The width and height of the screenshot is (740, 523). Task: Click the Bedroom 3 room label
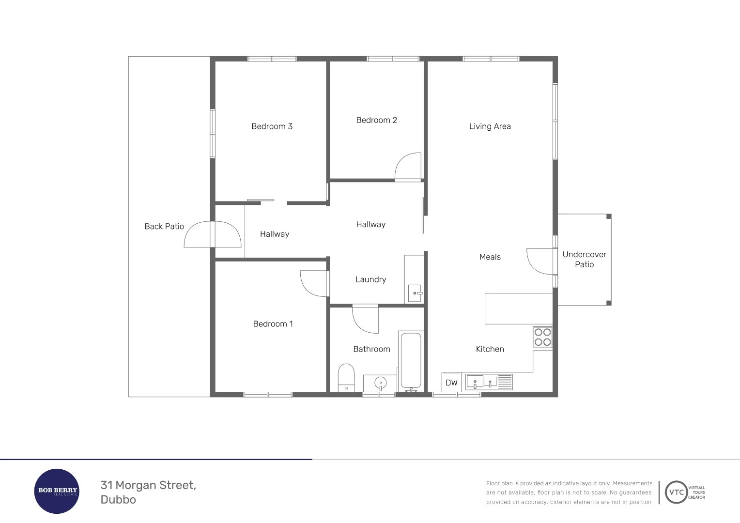pos(272,126)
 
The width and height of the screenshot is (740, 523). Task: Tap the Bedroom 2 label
pos(376,120)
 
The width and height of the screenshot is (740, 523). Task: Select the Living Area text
pos(490,126)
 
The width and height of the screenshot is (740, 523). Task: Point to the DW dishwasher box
pos(451,383)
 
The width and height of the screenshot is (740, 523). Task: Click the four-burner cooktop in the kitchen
pos(542,337)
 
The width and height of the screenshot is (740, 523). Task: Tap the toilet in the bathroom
pos(346,377)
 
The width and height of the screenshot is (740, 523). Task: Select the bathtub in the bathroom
pos(411,361)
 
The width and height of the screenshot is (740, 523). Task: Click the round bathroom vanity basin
pos(381,383)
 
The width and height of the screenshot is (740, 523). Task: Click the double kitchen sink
pos(482,382)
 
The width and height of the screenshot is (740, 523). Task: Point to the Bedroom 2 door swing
pos(408,167)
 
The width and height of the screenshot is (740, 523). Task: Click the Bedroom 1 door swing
pos(314,283)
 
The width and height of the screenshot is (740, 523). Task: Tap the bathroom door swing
pos(366,320)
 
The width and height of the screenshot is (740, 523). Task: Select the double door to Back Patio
pos(213,234)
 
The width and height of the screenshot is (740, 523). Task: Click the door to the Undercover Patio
pos(540,261)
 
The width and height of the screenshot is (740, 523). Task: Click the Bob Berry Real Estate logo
pos(57,491)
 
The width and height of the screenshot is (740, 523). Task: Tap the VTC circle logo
pos(676,492)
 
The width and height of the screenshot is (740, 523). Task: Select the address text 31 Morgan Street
pos(148,485)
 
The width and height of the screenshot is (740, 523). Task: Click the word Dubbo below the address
pos(118,500)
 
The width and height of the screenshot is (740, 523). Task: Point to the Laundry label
pos(370,279)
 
